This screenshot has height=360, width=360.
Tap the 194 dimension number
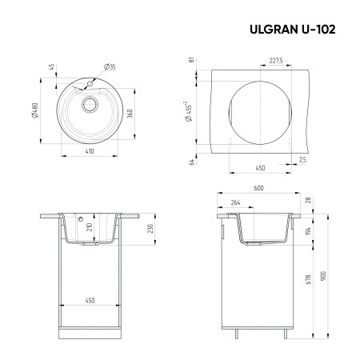click(x=306, y=231)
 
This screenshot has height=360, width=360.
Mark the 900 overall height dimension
click(x=323, y=274)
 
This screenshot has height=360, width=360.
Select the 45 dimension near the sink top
click(x=49, y=66)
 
